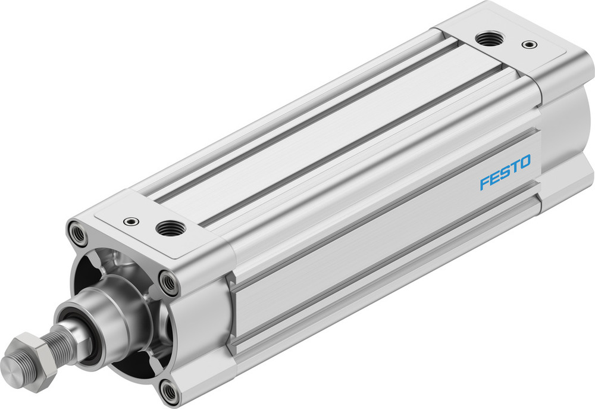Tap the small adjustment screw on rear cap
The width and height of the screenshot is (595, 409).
pyautogui.click(x=527, y=44)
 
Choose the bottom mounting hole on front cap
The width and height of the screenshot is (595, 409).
pyautogui.click(x=170, y=391)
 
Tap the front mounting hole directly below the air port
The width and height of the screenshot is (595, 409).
pyautogui.click(x=170, y=283)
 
